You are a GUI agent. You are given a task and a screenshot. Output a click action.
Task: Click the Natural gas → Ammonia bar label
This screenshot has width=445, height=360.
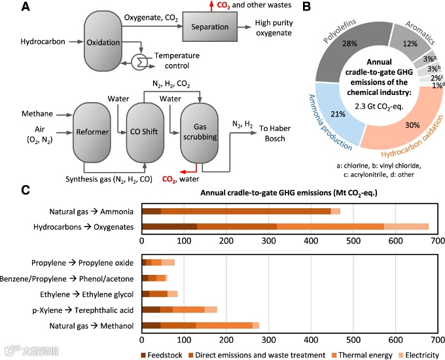(92, 211)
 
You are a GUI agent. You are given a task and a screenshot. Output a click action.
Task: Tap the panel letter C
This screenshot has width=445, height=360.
(26, 190)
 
